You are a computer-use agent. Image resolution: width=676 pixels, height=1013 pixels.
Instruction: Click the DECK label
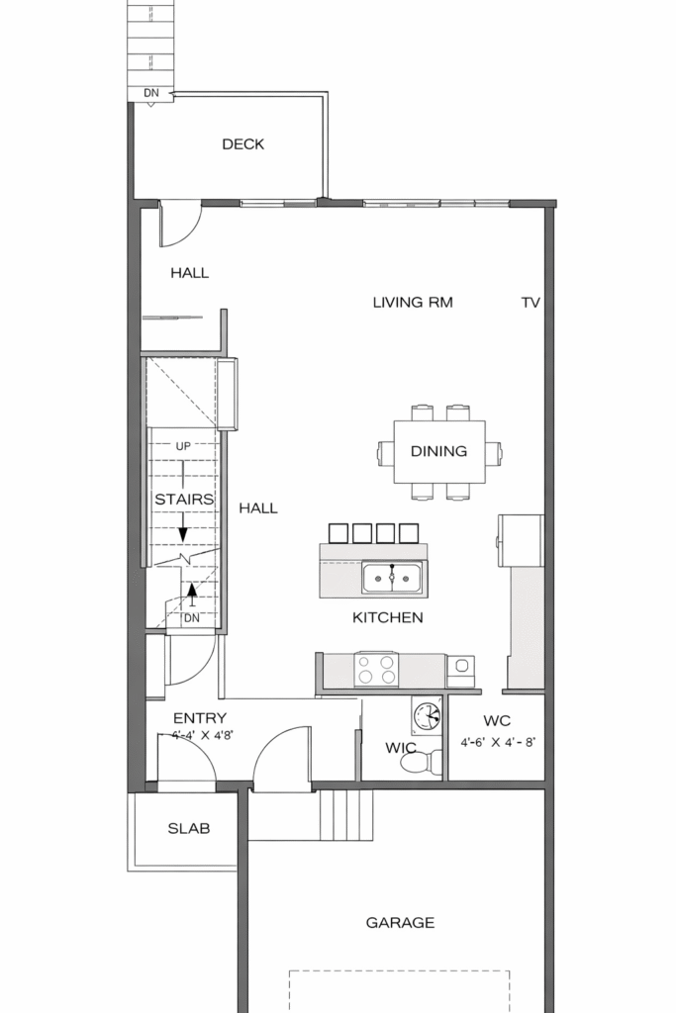point(243,144)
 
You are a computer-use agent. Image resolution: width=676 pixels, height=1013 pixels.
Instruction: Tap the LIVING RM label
point(413,302)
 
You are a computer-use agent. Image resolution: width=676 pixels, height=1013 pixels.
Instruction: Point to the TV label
point(531,302)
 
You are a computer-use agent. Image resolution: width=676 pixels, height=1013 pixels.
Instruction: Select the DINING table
point(439,451)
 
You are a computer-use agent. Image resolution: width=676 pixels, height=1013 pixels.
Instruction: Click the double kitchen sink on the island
point(392,577)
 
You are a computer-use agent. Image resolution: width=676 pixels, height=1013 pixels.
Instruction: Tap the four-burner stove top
point(377,670)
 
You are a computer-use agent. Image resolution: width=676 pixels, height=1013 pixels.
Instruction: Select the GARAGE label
point(400,923)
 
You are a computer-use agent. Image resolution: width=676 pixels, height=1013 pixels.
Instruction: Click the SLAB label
point(189,828)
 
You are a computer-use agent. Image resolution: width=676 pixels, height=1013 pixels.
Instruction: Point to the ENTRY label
point(200,718)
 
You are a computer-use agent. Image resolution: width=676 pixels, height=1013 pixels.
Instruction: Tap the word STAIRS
point(184,500)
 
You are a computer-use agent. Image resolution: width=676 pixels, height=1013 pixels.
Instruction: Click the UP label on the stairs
point(183,446)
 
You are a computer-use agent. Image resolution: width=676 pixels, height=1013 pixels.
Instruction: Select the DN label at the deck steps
point(150,93)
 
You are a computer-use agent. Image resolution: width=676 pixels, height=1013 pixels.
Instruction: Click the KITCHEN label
point(388,617)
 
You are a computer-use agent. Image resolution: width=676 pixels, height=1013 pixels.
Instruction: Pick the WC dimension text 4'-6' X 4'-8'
point(498,742)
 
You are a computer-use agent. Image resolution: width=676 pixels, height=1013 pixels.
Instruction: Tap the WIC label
point(401,748)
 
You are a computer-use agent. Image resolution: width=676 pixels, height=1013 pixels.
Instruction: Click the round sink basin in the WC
point(426,716)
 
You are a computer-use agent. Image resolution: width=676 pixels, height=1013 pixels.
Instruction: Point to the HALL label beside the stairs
point(258,508)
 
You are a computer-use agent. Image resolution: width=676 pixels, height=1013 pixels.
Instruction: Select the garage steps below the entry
point(346,815)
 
